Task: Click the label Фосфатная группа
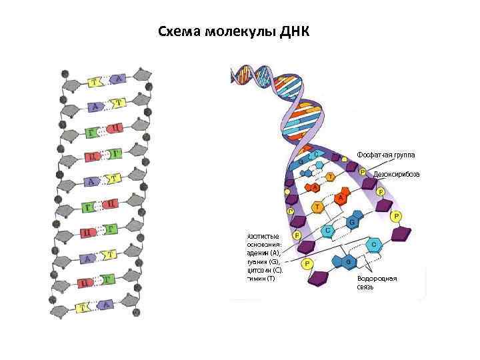(x=385, y=155)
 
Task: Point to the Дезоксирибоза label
(x=396, y=173)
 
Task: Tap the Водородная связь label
(x=377, y=283)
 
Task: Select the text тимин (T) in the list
(x=261, y=278)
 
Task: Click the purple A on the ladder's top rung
(x=118, y=79)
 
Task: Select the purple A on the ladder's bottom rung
(x=105, y=305)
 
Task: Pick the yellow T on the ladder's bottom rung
(x=84, y=307)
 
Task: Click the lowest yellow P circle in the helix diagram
(x=307, y=264)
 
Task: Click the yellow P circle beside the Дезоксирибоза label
(x=362, y=172)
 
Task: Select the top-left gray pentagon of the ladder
(x=71, y=85)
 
